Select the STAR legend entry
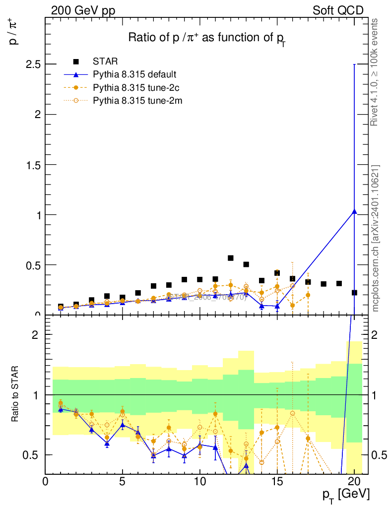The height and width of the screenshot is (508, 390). click(x=105, y=62)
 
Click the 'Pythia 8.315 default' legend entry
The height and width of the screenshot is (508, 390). click(x=134, y=75)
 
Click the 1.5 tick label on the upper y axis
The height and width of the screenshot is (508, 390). click(x=31, y=165)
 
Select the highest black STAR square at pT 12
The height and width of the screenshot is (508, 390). click(x=231, y=258)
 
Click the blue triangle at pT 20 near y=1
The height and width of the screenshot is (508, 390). click(x=354, y=211)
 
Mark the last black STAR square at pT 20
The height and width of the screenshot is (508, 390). click(x=354, y=293)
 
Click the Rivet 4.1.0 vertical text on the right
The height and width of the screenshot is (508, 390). click(x=375, y=72)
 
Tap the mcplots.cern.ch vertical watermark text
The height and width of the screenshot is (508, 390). click(x=376, y=238)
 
